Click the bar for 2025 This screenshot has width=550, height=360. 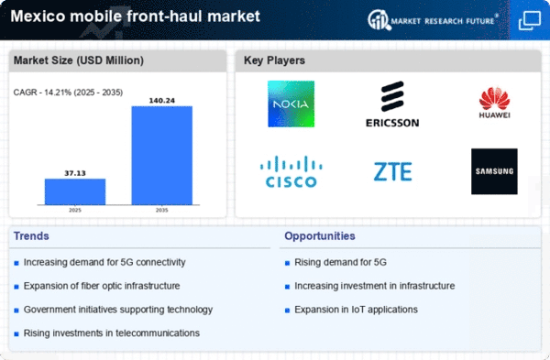pyautogui.click(x=75, y=191)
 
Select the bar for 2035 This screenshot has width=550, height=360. pyautogui.click(x=162, y=156)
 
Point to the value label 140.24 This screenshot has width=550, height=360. pyautogui.click(x=162, y=101)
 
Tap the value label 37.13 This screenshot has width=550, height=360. pyautogui.click(x=75, y=173)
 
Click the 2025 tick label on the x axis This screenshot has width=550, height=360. pyautogui.click(x=75, y=210)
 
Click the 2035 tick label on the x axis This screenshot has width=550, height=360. pyautogui.click(x=161, y=210)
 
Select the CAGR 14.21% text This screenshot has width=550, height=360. pyautogui.click(x=68, y=93)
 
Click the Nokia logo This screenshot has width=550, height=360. pyautogui.click(x=291, y=104)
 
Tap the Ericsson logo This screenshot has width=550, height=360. pyautogui.click(x=392, y=104)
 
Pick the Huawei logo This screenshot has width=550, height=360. pyautogui.click(x=495, y=103)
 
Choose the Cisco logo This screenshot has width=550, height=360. pyautogui.click(x=291, y=171)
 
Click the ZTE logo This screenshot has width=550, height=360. pyautogui.click(x=393, y=172)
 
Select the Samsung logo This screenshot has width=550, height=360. pyautogui.click(x=494, y=171)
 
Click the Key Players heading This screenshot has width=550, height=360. pyautogui.click(x=274, y=60)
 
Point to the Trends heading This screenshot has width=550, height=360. pyautogui.click(x=31, y=236)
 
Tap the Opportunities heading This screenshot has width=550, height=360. pyautogui.click(x=320, y=236)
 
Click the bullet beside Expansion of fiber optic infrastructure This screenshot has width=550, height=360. pyautogui.click(x=16, y=287)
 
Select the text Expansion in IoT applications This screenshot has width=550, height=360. pyautogui.click(x=356, y=310)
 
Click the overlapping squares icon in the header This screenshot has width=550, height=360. pyautogui.click(x=530, y=20)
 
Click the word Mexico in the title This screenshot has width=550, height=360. pyautogui.click(x=38, y=16)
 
